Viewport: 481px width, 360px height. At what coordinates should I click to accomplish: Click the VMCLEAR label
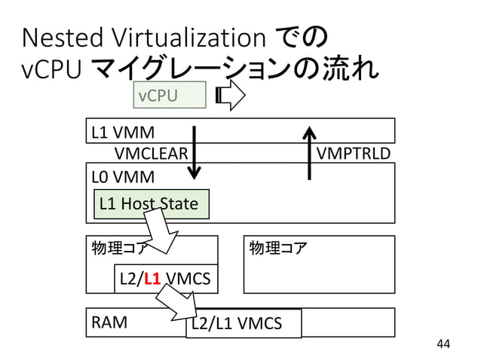[151, 154]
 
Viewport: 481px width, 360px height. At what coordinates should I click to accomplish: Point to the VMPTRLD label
[354, 154]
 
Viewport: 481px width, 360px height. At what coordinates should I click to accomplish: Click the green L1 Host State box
[150, 204]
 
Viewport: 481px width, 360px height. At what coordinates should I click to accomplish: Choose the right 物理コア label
[277, 248]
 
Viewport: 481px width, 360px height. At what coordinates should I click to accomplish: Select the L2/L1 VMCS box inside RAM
[243, 324]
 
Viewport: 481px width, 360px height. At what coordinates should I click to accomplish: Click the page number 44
[443, 345]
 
